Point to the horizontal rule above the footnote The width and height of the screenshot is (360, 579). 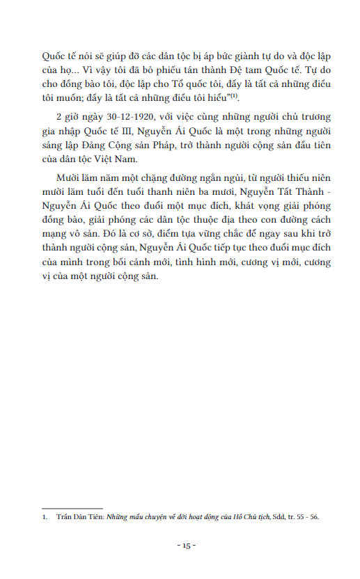(x=72, y=508)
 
